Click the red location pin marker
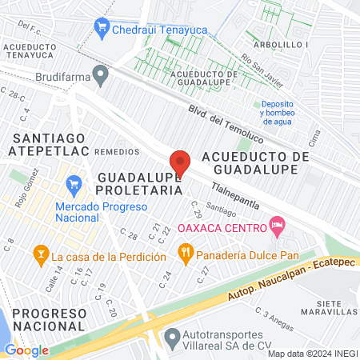point(180,163)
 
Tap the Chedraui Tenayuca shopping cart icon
point(101,28)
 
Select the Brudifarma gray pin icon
point(100,77)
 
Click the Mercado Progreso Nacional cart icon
point(74,184)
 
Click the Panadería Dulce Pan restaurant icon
point(185,255)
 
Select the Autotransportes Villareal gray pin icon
point(171,337)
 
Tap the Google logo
point(26,350)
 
